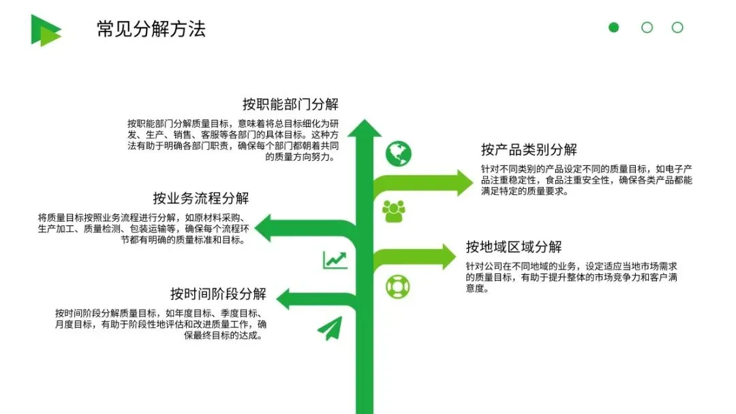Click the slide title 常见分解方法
pyautogui.click(x=151, y=29)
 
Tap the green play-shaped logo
pyautogui.click(x=45, y=30)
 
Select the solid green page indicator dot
pyautogui.click(x=614, y=27)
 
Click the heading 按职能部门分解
pyautogui.click(x=290, y=104)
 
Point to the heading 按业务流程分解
pyautogui.click(x=201, y=198)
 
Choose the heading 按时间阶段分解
pyautogui.click(x=218, y=294)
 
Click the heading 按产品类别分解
pyautogui.click(x=529, y=150)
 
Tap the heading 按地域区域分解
pyautogui.click(x=514, y=246)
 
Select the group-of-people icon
pyautogui.click(x=394, y=211)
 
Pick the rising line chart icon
pyautogui.click(x=335, y=259)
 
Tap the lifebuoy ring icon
pyautogui.click(x=397, y=286)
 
